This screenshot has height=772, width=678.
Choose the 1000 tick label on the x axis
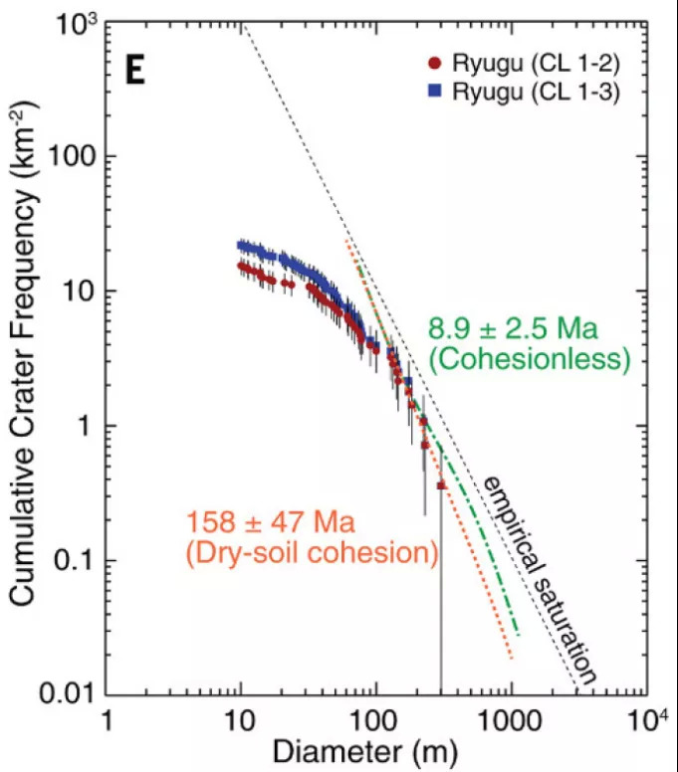[513, 719]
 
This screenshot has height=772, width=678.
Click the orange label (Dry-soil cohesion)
[312, 552]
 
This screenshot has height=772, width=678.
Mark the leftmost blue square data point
[241, 245]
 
